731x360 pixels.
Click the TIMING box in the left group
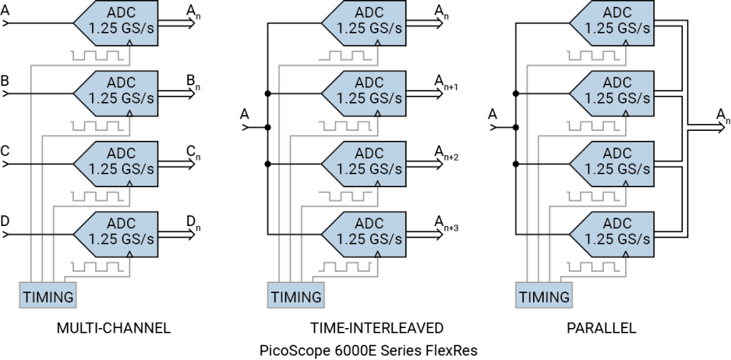tap(48, 296)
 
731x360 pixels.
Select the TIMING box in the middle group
tap(296, 296)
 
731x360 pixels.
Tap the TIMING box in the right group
tap(544, 296)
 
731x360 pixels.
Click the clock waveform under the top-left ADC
tap(96, 56)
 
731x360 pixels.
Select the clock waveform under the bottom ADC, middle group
tap(344, 267)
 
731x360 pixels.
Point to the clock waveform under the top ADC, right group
tap(592, 56)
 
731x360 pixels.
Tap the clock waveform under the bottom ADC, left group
tap(96, 267)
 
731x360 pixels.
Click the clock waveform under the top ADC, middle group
tap(344, 56)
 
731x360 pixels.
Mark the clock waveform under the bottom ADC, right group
tap(592, 267)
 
